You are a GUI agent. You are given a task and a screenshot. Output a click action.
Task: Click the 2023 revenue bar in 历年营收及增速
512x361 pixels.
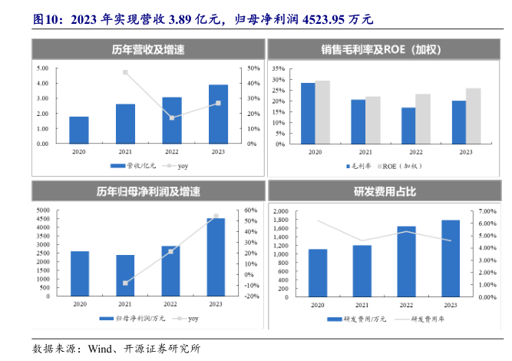click(x=218, y=114)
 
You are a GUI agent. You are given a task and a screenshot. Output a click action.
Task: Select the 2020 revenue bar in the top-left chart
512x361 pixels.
click(x=78, y=130)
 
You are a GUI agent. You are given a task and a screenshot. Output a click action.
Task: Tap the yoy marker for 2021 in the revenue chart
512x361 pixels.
click(x=125, y=73)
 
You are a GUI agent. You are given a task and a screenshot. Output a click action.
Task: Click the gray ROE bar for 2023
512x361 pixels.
click(x=473, y=115)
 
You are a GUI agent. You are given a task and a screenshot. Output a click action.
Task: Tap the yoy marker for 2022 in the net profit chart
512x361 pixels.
click(x=171, y=251)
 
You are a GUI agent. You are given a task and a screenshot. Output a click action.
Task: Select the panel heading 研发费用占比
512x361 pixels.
click(x=385, y=192)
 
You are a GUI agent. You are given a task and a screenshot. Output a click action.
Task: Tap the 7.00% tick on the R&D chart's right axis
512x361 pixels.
click(x=489, y=210)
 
